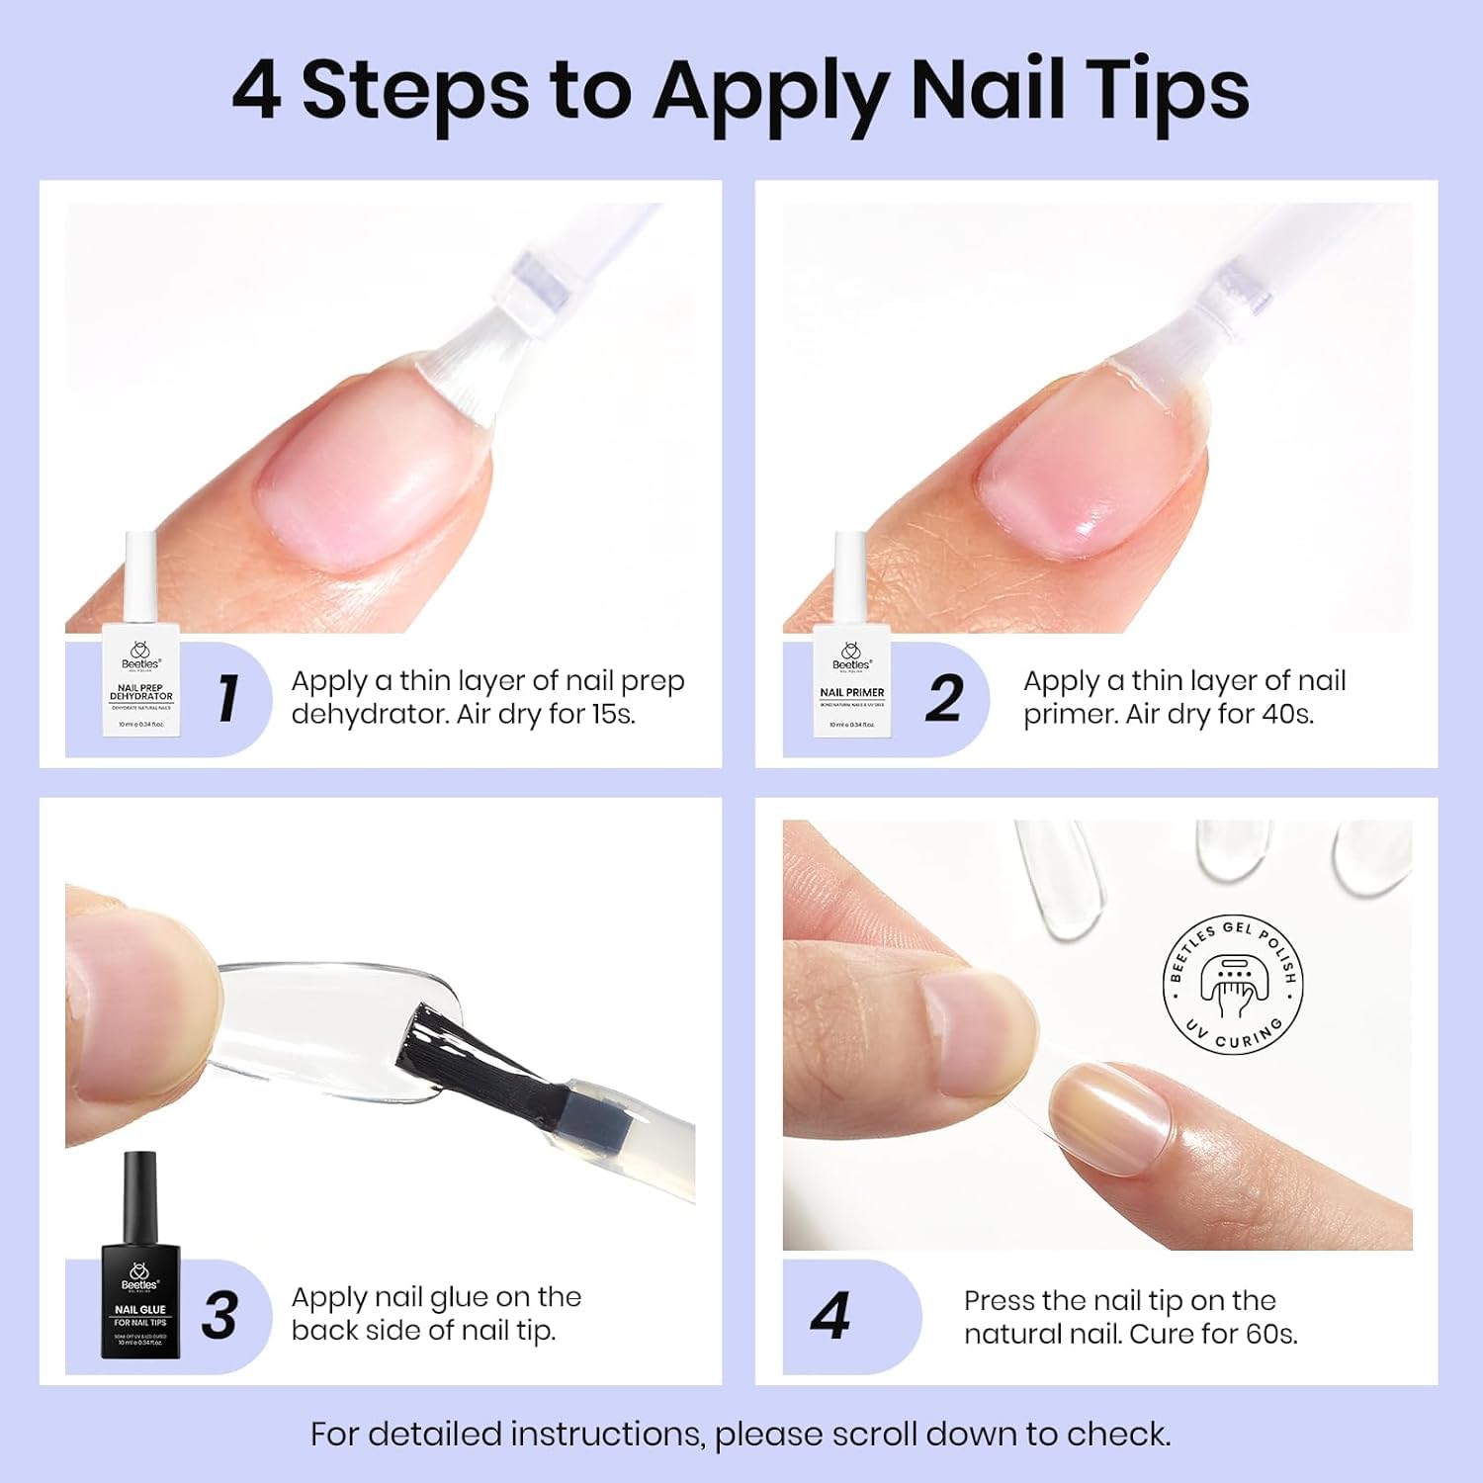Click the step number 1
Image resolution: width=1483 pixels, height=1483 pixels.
(228, 699)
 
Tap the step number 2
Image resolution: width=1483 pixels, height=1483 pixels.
(944, 699)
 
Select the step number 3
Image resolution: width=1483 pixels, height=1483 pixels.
(219, 1316)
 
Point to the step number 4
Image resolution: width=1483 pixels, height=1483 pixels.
(830, 1317)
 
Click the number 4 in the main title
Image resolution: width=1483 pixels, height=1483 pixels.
(256, 91)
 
